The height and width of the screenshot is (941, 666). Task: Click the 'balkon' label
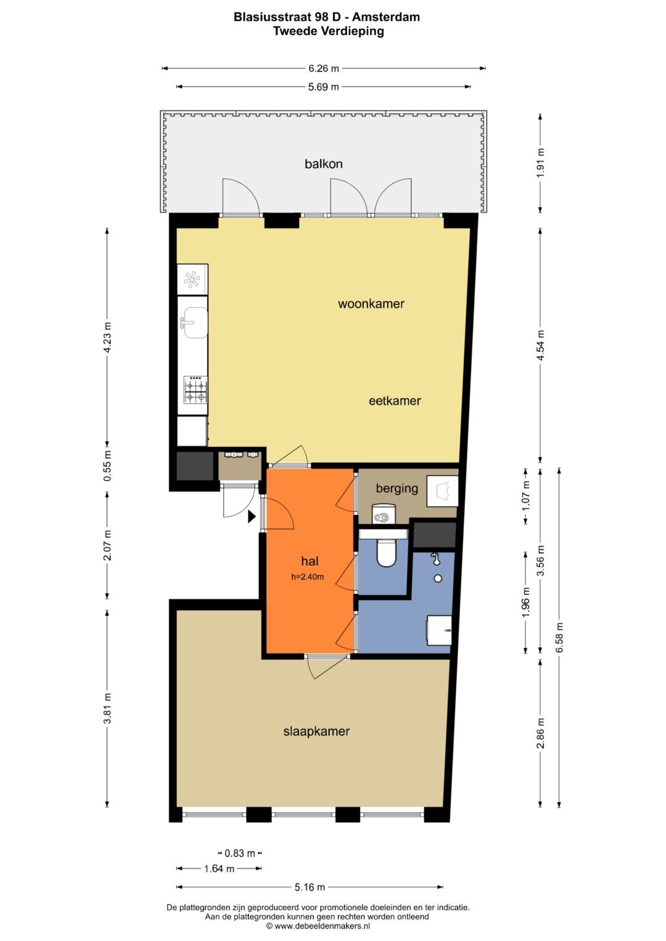pos(323,164)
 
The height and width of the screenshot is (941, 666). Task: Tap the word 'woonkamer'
pos(371,304)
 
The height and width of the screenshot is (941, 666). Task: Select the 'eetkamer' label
pos(395,401)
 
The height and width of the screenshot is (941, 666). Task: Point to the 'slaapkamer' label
pos(316,731)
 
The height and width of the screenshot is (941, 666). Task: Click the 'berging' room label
pos(397,488)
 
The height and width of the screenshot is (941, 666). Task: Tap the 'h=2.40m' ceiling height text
pos(307,577)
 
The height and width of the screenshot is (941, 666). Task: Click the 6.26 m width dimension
pos(324,68)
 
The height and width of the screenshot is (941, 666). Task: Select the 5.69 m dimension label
pos(323,87)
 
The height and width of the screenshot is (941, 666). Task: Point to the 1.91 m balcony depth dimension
pos(541,163)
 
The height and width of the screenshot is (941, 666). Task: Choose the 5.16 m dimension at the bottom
pos(310,887)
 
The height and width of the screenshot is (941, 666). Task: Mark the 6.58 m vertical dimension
pos(559,637)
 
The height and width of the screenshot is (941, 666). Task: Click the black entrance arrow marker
pos(252,516)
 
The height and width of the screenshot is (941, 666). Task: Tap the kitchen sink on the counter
pos(195,323)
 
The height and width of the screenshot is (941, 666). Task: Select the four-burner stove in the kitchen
pos(195,389)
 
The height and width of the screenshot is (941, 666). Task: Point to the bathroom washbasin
pos(439,630)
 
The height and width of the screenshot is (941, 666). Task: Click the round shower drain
pos(438,579)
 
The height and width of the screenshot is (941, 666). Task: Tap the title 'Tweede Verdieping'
pos(328,31)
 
